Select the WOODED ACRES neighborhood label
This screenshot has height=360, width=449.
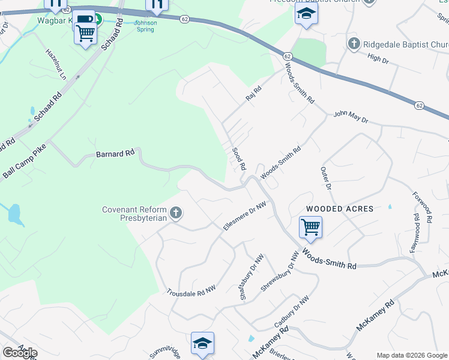(340, 209)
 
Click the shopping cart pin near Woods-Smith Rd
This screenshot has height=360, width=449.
(310, 227)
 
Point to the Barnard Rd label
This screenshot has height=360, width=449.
(115, 154)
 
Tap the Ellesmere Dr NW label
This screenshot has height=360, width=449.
(244, 217)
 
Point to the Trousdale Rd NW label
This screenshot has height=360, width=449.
(191, 290)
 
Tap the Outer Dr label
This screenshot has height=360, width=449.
(326, 179)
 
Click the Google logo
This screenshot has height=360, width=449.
(20, 353)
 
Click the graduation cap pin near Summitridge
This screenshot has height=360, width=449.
(203, 343)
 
